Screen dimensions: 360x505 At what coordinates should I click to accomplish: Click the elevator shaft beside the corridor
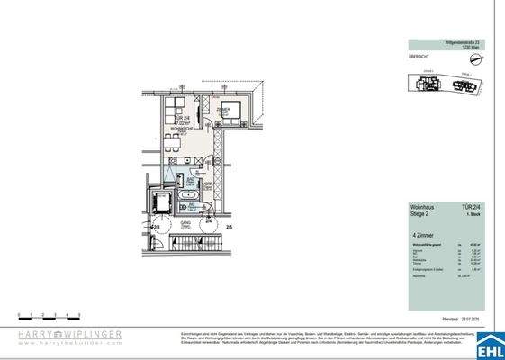(x=163, y=200)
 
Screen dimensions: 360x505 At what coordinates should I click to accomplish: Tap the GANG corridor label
(x=186, y=222)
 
